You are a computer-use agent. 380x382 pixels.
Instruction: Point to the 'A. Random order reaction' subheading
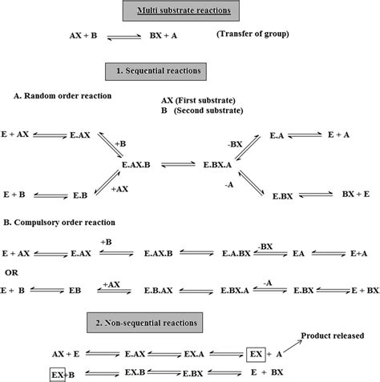click(x=66, y=97)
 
